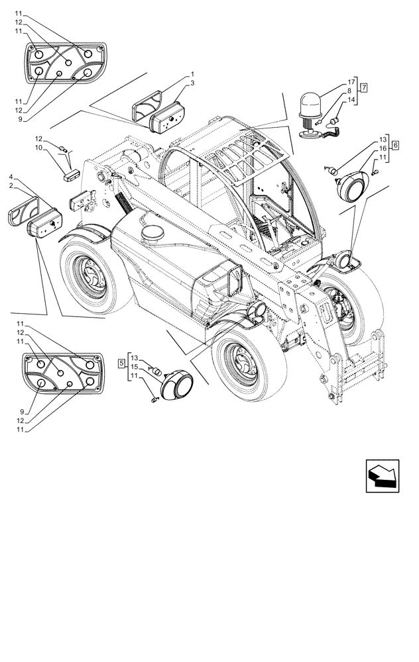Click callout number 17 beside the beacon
click(351, 83)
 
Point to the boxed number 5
click(121, 363)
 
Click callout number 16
click(383, 149)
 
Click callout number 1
click(192, 74)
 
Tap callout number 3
click(192, 83)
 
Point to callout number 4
click(11, 177)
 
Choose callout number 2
click(11, 187)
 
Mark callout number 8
click(351, 92)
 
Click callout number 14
click(351, 101)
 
